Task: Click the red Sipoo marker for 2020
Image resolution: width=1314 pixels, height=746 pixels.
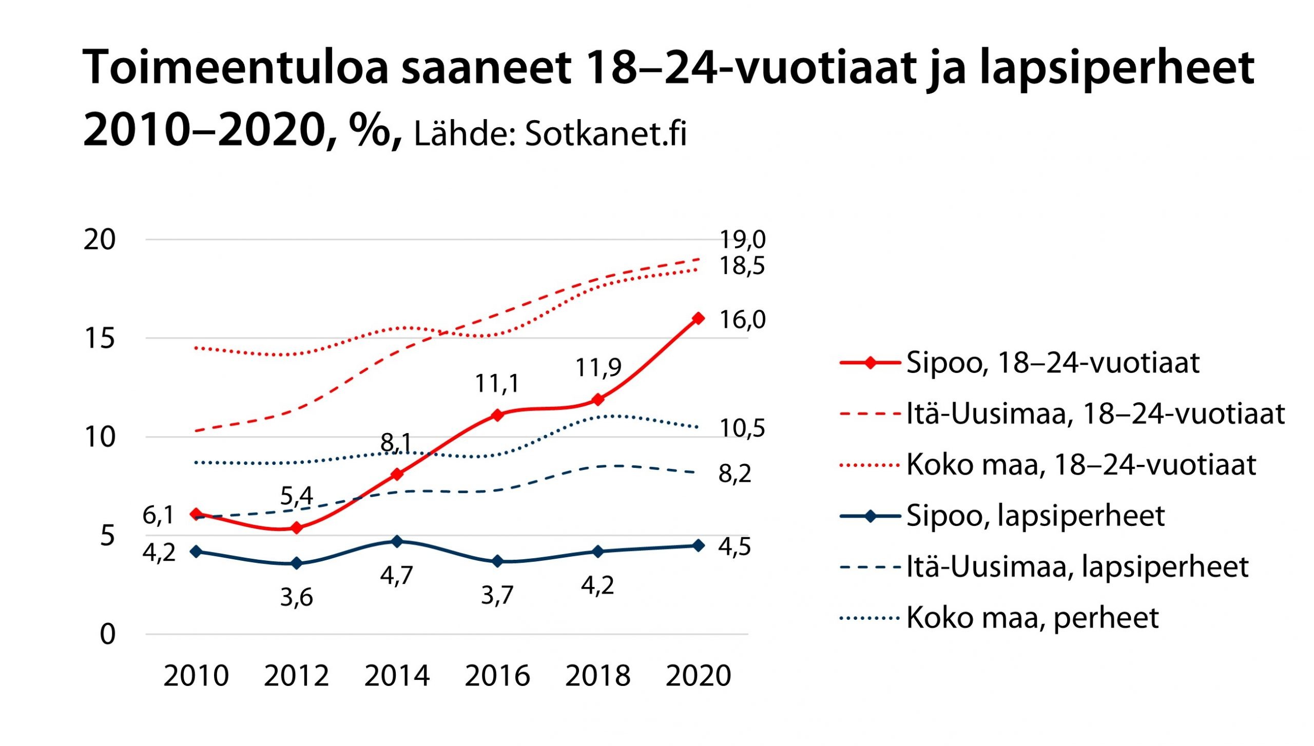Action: click(698, 318)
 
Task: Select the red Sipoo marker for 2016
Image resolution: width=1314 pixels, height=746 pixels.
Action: click(497, 415)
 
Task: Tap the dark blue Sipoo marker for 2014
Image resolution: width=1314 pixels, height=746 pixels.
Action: click(397, 541)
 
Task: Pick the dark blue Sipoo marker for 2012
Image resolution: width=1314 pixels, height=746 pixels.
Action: click(296, 563)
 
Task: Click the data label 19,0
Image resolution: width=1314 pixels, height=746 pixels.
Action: click(742, 240)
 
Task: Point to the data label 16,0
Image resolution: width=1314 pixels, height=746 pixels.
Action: click(742, 320)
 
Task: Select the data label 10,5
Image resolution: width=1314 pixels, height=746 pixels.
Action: click(742, 428)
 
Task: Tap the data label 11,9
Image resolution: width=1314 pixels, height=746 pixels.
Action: click(598, 367)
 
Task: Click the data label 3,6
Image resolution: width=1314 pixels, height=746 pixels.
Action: click(296, 598)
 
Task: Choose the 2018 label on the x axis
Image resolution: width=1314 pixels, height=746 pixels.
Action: click(597, 676)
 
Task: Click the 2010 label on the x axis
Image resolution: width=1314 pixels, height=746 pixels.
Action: click(196, 676)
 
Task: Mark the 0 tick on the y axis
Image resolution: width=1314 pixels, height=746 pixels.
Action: click(108, 635)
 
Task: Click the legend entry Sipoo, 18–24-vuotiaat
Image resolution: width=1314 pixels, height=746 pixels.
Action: click(1052, 363)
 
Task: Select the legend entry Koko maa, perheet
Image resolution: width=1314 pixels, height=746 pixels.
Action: click(1032, 617)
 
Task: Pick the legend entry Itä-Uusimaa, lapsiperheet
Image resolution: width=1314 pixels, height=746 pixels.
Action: click(1077, 566)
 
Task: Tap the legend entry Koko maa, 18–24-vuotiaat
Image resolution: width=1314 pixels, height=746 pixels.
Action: click(1080, 465)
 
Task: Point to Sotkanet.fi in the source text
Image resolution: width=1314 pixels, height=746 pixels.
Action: click(606, 134)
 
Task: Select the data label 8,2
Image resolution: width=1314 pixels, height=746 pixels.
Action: click(735, 474)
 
